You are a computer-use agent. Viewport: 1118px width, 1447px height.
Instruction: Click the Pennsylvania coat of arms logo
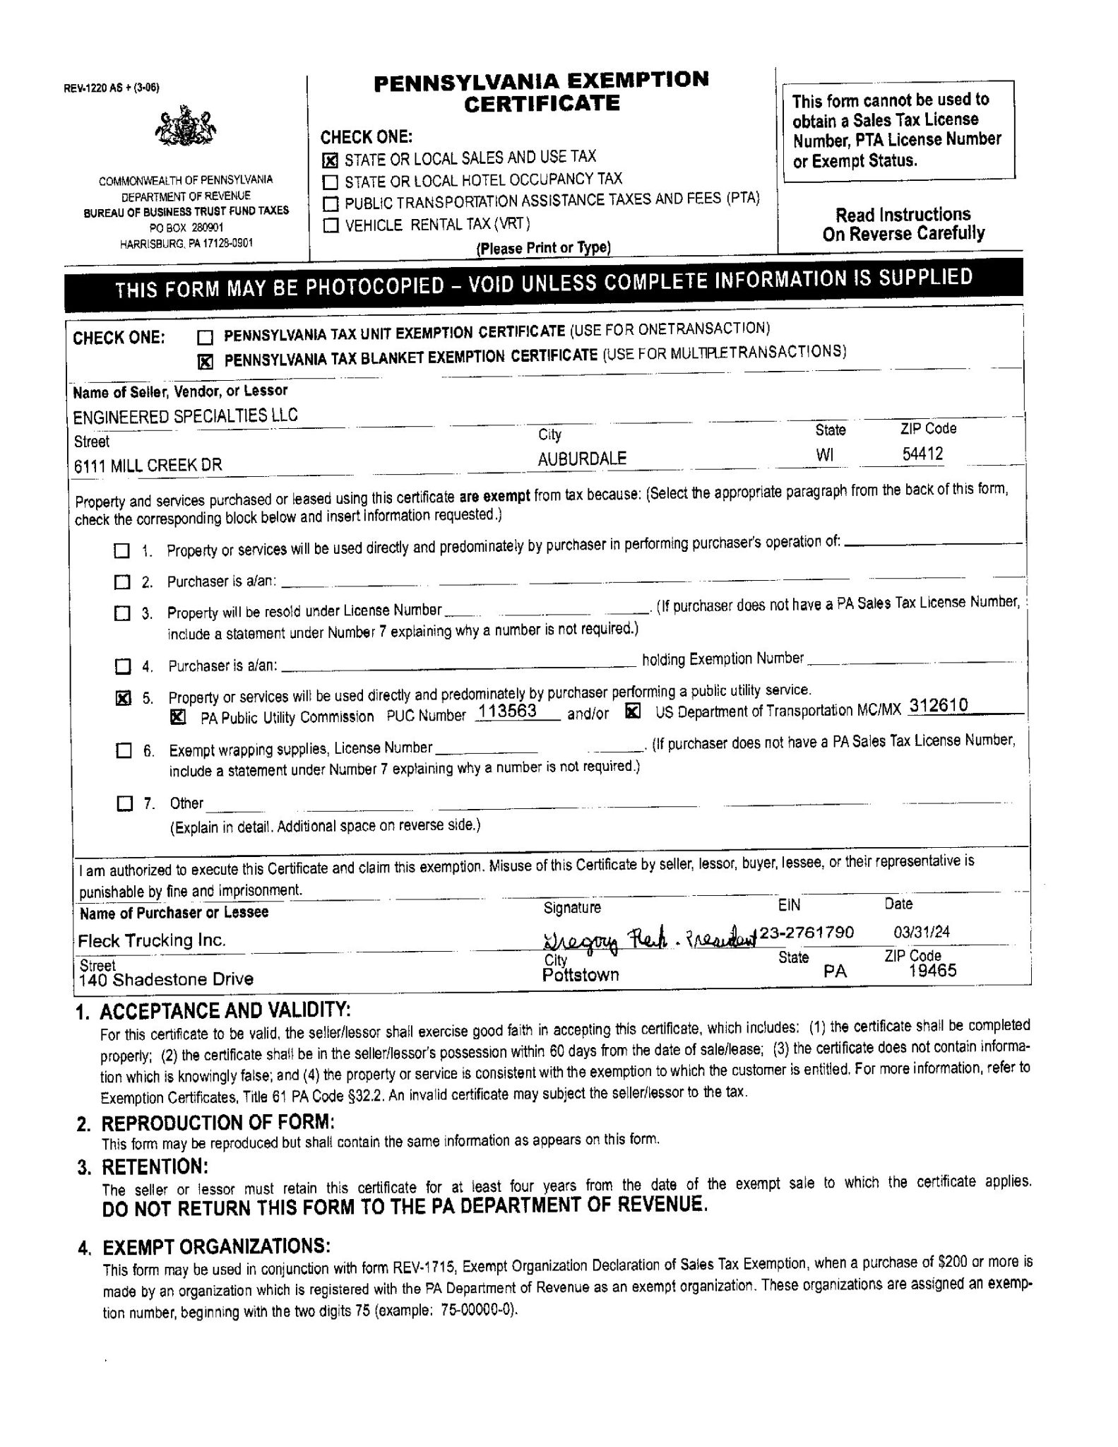click(x=185, y=127)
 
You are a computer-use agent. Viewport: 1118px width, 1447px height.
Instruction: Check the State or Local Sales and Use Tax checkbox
click(x=330, y=160)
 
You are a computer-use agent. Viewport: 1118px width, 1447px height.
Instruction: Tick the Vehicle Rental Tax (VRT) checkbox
click(x=330, y=226)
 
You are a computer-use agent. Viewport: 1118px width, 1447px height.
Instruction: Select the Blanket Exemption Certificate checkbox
click(x=204, y=362)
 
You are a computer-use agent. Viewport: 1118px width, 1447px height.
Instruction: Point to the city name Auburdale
click(x=581, y=459)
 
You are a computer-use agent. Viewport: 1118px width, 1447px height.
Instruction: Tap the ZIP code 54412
click(x=922, y=454)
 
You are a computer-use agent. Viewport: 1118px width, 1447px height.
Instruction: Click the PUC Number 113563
click(x=507, y=711)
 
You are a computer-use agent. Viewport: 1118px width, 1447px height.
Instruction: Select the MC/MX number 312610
click(x=939, y=706)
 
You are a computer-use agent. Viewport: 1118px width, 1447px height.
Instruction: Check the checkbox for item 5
click(x=123, y=699)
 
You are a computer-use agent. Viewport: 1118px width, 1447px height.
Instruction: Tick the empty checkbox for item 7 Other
click(x=124, y=803)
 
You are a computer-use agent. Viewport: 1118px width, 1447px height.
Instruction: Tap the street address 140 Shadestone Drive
click(x=166, y=979)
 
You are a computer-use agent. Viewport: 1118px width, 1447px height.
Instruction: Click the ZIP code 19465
click(x=932, y=970)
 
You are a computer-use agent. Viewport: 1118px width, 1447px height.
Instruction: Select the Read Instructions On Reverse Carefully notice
click(x=903, y=224)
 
